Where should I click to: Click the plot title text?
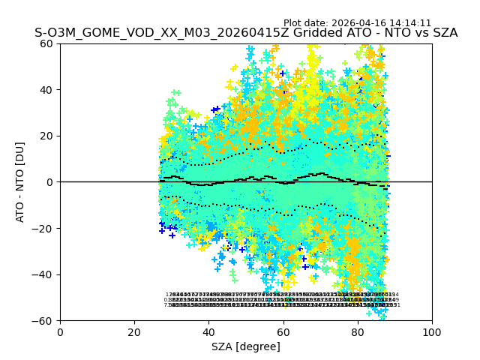[246, 33]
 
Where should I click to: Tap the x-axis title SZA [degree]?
[246, 346]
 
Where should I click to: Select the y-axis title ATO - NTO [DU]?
[21, 181]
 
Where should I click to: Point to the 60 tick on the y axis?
[47, 43]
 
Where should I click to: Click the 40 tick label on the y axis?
[47, 90]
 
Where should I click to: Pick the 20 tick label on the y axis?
[47, 136]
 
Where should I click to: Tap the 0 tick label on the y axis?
[50, 182]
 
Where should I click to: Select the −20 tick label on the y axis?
[44, 228]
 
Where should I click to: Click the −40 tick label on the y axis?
[44, 274]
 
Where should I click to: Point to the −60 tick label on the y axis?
[44, 320]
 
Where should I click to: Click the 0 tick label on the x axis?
[60, 331]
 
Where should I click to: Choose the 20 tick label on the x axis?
[134, 331]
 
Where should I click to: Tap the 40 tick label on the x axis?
[208, 331]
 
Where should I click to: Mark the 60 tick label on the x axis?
[283, 331]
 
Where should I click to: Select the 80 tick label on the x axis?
[358, 331]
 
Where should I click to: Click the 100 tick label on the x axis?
[432, 331]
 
